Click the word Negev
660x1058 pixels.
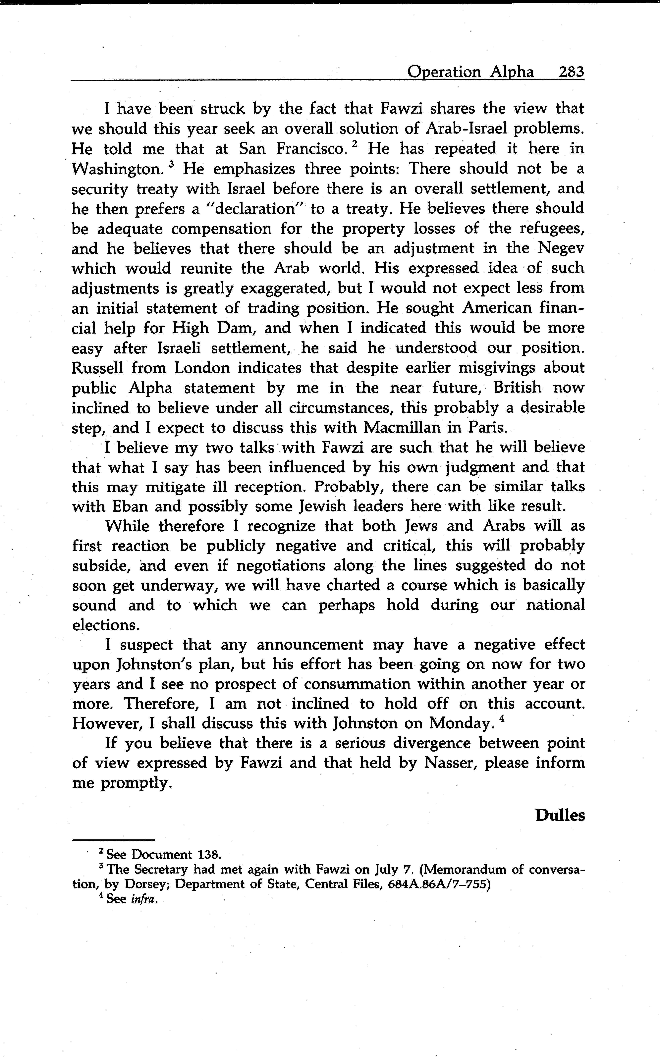pos(561,248)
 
